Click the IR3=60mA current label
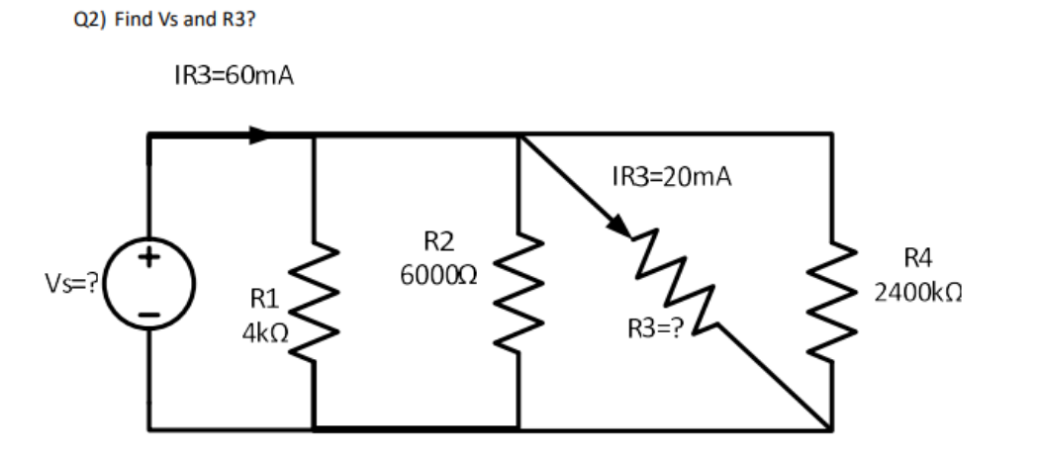(x=233, y=76)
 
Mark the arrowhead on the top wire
(x=259, y=135)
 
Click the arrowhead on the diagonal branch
(x=615, y=226)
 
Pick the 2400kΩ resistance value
(x=918, y=294)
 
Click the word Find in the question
(x=131, y=20)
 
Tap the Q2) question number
(x=88, y=20)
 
